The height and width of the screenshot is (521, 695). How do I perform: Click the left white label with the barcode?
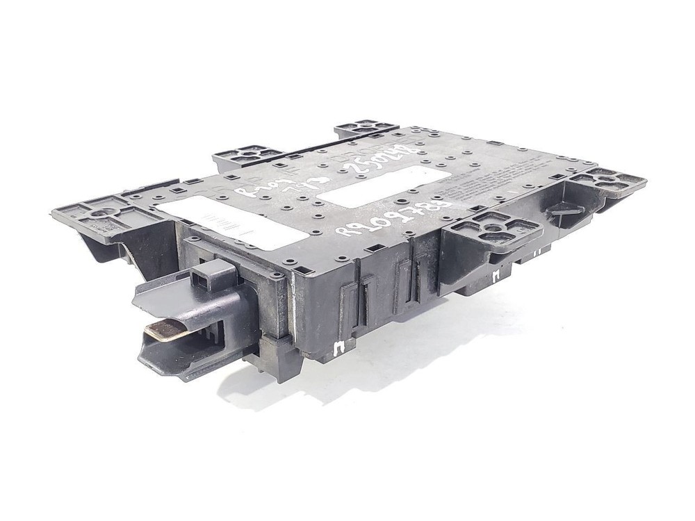coord(229,221)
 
